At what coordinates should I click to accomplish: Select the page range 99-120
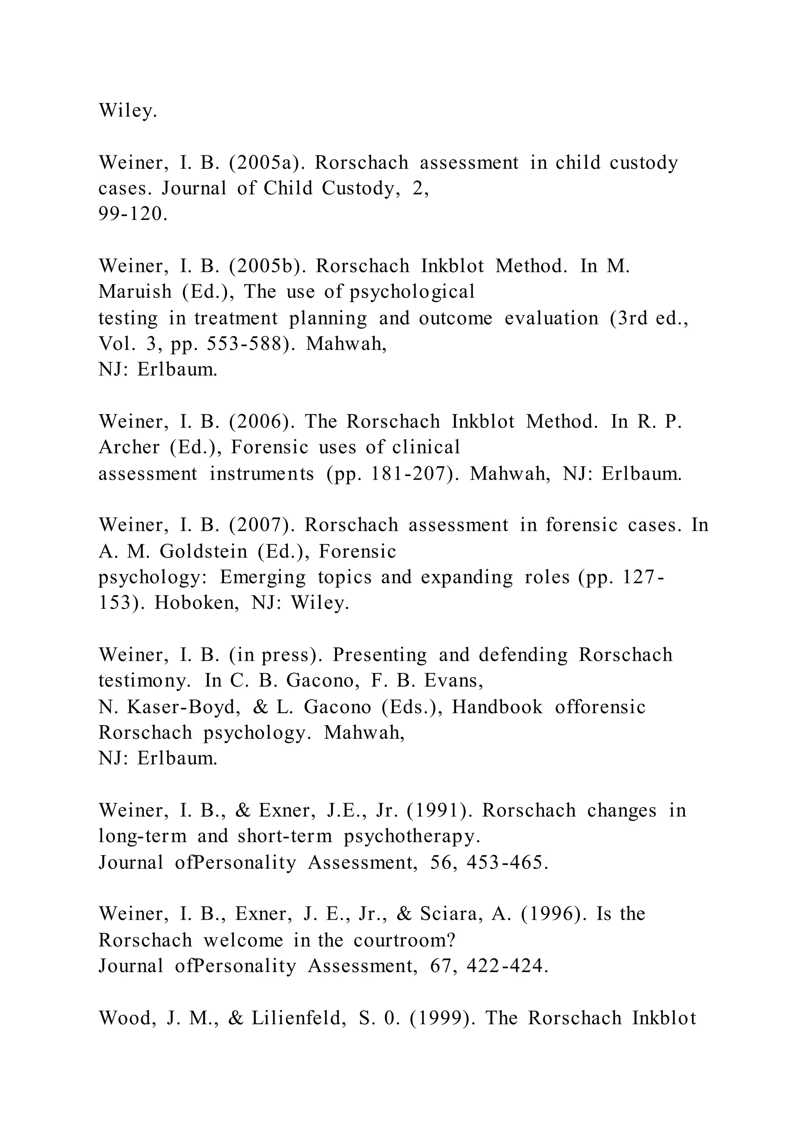[x=132, y=214]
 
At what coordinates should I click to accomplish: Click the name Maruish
[x=135, y=291]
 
